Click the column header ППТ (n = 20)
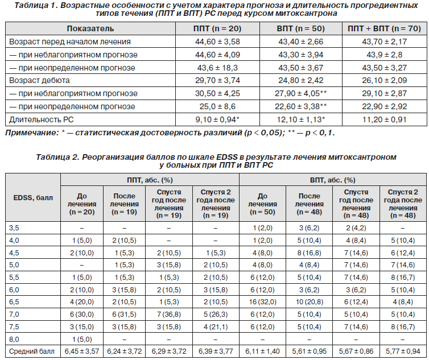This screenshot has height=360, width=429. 217,29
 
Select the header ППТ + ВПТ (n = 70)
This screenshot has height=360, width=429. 384,29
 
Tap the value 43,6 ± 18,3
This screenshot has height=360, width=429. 217,68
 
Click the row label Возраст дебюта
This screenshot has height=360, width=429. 39,80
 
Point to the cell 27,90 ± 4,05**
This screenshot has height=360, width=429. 300,94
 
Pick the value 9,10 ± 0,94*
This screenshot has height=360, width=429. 217,119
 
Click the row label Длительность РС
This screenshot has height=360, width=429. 41,119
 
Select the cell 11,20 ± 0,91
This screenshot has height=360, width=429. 384,119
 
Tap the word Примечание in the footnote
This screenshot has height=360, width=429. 31,133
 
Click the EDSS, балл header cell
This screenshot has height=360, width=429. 33,198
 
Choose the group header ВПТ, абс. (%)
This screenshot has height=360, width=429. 332,180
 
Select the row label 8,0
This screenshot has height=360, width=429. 14,340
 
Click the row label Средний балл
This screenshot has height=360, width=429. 32,351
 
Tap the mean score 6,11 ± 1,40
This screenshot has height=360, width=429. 262,351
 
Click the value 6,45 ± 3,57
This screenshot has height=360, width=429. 82,351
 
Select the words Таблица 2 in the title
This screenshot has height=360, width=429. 57,158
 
